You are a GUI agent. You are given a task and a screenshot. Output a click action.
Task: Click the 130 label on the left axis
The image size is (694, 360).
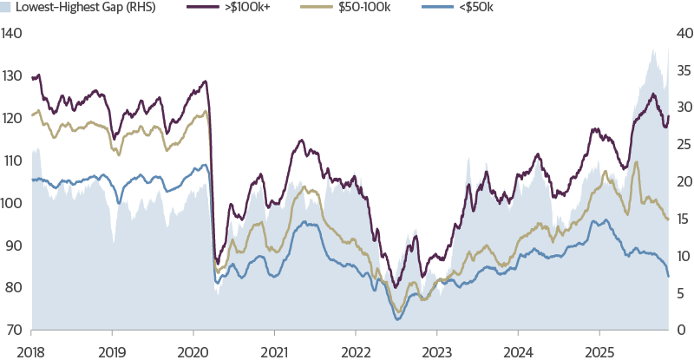pyautogui.click(x=11, y=76)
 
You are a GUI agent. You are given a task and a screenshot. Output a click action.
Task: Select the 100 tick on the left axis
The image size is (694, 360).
pyautogui.click(x=11, y=203)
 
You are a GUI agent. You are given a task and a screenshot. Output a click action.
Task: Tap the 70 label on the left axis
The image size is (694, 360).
pyautogui.click(x=13, y=331)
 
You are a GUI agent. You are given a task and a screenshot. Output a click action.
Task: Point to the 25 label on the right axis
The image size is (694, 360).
pyautogui.click(x=684, y=145)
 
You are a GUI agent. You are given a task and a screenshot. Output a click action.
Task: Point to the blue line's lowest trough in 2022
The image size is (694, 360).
pyautogui.click(x=397, y=320)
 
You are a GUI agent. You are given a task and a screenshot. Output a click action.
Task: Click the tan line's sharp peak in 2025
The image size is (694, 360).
pyautogui.click(x=637, y=162)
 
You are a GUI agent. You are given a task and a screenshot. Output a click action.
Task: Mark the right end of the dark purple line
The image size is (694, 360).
pyautogui.click(x=669, y=116)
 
